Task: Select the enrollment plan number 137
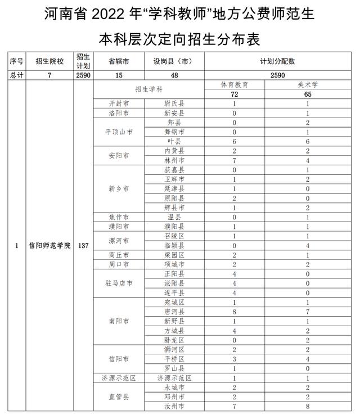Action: [x=83, y=247]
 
